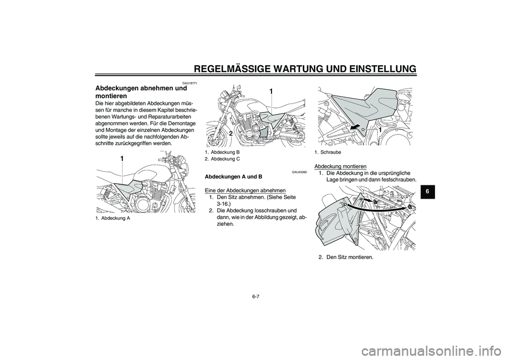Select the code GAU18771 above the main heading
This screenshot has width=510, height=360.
point(190,83)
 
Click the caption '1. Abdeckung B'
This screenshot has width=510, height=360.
point(222,152)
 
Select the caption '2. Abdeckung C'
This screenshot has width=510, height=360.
point(222,159)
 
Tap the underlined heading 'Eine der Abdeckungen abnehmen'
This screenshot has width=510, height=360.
point(245,190)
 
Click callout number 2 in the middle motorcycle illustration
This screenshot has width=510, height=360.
point(232,134)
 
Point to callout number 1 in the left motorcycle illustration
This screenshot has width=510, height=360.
point(122,159)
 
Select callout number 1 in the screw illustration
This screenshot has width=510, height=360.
point(380,130)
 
